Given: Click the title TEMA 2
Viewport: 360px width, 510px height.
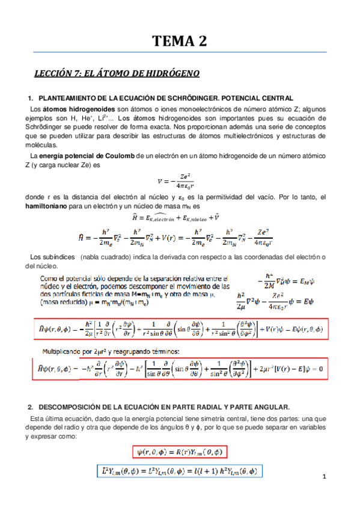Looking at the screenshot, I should [x=179, y=41].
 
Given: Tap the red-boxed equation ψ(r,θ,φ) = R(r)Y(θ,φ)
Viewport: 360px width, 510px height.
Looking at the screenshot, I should [x=180, y=452].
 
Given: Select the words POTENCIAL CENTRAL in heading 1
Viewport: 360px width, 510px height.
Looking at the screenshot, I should [x=263, y=97].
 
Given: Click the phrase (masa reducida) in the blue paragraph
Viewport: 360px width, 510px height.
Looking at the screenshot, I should [x=62, y=304].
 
